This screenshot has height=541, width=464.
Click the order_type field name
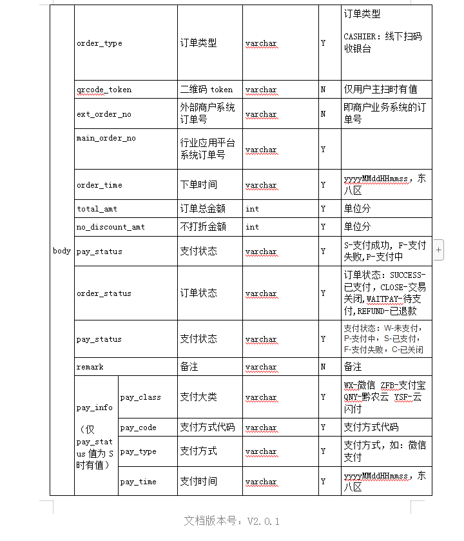tap(99, 44)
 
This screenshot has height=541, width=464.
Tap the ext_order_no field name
tap(104, 114)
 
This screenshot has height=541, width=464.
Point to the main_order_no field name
tap(106, 138)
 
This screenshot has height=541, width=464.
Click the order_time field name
tap(99, 185)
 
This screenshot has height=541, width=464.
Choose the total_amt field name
tap(97, 209)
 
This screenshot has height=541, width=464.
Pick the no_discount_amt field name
tap(111, 227)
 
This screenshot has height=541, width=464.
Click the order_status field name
tap(104, 293)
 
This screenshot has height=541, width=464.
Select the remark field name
tap(90, 367)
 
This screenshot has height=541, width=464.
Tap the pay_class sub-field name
tap(140, 397)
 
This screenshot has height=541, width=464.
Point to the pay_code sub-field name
tap(138, 428)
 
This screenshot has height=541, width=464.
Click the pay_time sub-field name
tap(138, 482)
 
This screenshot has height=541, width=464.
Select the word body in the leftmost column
tap(62, 251)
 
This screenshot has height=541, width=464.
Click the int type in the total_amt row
tap(252, 209)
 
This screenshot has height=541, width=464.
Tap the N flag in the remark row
tap(324, 367)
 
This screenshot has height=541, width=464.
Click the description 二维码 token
tap(206, 90)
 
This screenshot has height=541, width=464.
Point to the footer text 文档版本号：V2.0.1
tap(232, 520)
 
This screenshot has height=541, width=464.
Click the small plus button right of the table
tap(439, 248)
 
